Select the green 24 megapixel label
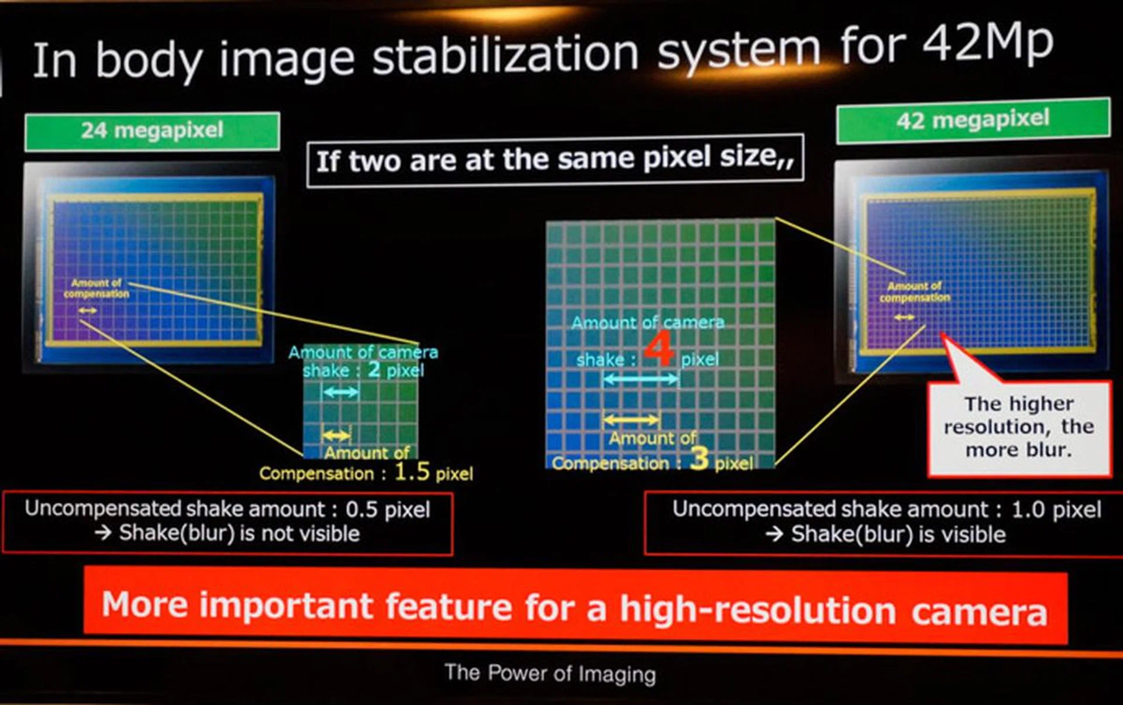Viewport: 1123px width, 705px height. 152,131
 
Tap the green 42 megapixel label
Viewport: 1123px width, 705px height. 973,121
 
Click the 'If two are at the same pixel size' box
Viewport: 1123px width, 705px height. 555,160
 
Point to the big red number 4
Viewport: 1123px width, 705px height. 659,349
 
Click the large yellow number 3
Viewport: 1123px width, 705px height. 700,458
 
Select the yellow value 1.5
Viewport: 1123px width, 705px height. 412,471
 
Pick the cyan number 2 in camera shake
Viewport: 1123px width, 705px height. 374,369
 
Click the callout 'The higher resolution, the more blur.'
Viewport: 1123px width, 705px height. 1019,427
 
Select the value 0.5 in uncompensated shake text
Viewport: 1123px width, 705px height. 361,510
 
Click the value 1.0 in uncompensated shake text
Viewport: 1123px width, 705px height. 1028,510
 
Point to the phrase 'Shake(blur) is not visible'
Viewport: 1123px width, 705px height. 239,534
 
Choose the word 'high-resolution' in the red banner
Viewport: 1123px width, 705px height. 758,609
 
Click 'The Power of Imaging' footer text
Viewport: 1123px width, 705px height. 550,673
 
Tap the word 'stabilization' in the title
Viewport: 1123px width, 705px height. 505,56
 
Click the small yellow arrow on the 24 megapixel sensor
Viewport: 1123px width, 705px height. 88,310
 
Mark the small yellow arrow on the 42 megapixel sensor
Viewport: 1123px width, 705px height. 904,317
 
